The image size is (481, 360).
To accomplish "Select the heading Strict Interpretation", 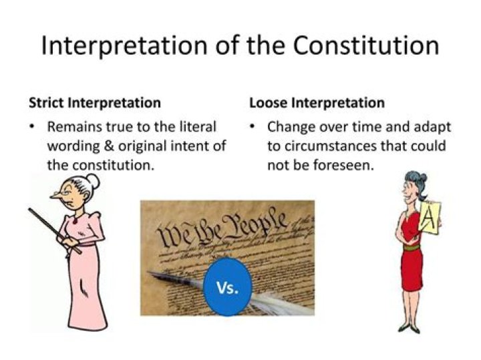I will (94, 103).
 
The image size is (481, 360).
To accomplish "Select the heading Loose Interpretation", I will (317, 103).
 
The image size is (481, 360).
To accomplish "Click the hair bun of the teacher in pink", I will (93, 180).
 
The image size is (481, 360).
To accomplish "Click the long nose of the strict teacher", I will (55, 195).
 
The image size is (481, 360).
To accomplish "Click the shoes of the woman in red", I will (409, 327).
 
